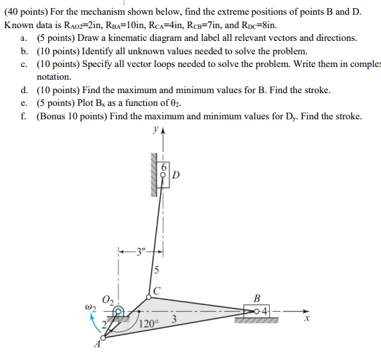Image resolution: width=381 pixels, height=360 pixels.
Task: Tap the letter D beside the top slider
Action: (x=175, y=176)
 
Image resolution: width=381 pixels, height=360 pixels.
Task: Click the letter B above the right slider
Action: (x=256, y=298)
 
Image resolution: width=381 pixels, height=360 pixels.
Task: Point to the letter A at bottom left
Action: (x=98, y=347)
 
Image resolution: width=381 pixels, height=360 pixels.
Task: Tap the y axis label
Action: (x=155, y=129)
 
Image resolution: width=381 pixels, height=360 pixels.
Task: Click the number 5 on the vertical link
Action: (x=156, y=271)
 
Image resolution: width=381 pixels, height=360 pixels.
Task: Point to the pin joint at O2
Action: (x=118, y=311)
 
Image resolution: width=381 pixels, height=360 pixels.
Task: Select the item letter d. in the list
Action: (x=24, y=90)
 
